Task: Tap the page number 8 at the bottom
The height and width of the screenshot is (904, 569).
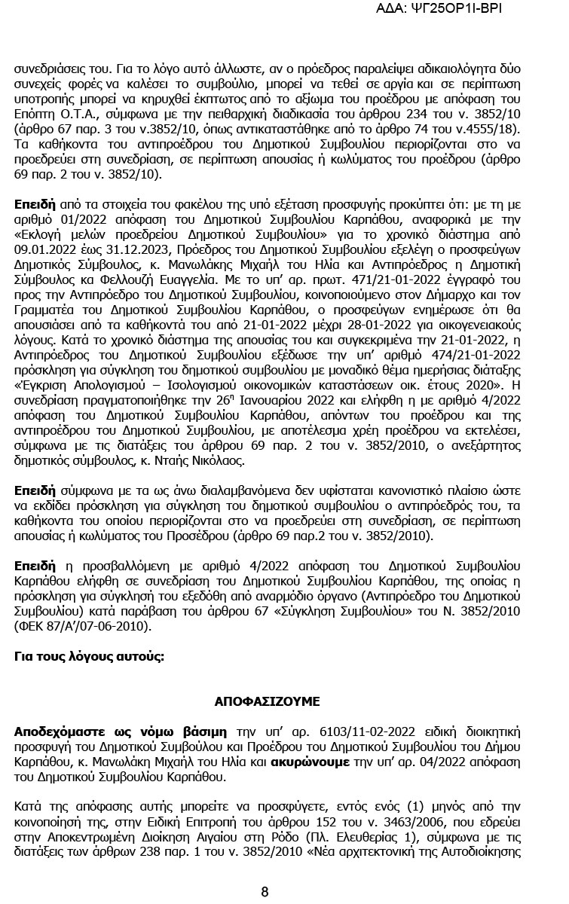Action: (x=265, y=892)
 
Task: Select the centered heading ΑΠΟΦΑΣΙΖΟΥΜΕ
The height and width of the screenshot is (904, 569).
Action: (x=267, y=701)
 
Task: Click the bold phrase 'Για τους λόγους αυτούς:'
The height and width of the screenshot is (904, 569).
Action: (x=89, y=657)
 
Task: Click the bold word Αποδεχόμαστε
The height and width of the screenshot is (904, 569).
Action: (x=56, y=732)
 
